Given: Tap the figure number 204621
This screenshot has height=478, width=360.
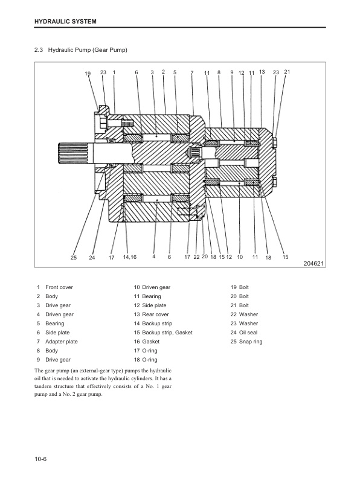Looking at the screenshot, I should pos(313,263).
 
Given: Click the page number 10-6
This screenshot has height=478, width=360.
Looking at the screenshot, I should pos(41,460).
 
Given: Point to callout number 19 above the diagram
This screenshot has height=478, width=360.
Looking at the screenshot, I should pos(88,74).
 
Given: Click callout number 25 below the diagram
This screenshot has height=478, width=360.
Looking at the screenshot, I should pos(73,258).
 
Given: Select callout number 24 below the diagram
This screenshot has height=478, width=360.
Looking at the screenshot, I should pos(92,258).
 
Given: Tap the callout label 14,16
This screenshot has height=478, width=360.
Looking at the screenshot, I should pos(129,257).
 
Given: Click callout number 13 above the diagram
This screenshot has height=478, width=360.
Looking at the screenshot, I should pos(262,72).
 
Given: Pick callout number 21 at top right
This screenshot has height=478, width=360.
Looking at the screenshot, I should pos(287,72).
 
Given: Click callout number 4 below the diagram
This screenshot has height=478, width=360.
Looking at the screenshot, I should pos(155,257).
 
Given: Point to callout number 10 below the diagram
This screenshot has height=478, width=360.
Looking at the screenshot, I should pos(240,257).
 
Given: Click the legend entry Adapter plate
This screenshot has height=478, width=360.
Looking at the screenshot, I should pos(62,342).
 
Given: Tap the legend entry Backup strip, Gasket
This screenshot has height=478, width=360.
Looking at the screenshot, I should pos(168,333).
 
